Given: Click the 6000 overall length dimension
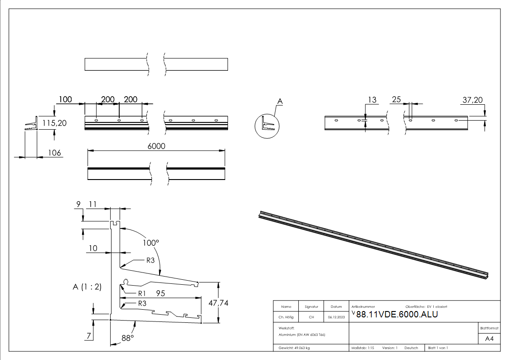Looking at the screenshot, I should pyautogui.click(x=156, y=146).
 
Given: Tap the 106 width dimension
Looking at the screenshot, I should pyautogui.click(x=55, y=153).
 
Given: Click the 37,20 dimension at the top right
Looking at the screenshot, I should pyautogui.click(x=472, y=100).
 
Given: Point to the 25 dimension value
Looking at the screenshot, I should pyautogui.click(x=396, y=100).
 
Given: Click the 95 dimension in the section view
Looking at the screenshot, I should pyautogui.click(x=160, y=293).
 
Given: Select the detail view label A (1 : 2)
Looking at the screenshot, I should pyautogui.click(x=87, y=287).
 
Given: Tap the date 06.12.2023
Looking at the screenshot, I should pyautogui.click(x=336, y=317).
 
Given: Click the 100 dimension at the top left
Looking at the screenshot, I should pyautogui.click(x=65, y=99).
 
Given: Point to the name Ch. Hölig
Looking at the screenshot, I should pyautogui.click(x=286, y=317).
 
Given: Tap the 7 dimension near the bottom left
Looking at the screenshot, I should pyautogui.click(x=89, y=336).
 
